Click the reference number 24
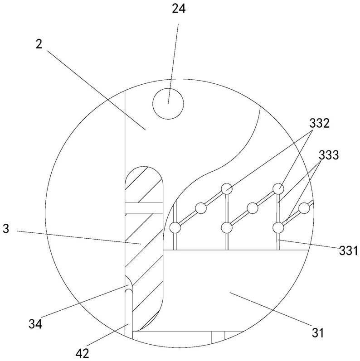pyautogui.click(x=179, y=10)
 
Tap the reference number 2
pyautogui.click(x=39, y=44)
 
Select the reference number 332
pyautogui.click(x=319, y=124)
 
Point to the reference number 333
pyautogui.click(x=329, y=155)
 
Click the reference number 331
pyautogui.click(x=348, y=251)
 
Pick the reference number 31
pyautogui.click(x=318, y=332)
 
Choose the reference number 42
pyautogui.click(x=82, y=353)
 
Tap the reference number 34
pyautogui.click(x=35, y=324)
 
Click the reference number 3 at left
pyautogui.click(x=6, y=229)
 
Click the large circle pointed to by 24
pyautogui.click(x=168, y=104)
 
